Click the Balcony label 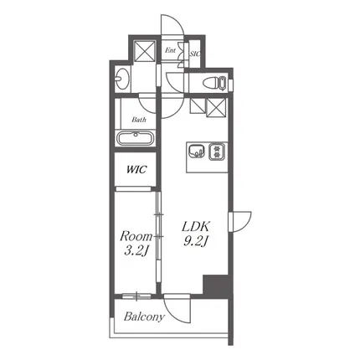[144, 316]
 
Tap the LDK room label [195, 226]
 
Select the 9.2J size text [195, 241]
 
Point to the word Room [136, 236]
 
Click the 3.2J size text [136, 251]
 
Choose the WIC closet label [136, 169]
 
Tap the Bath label [139, 120]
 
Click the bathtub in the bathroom [136, 138]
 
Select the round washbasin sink [122, 78]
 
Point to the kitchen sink [197, 152]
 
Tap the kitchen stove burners [216, 152]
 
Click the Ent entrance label [170, 50]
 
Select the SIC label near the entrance [195, 54]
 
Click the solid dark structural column [218, 287]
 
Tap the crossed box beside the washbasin [145, 50]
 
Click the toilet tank [223, 84]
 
